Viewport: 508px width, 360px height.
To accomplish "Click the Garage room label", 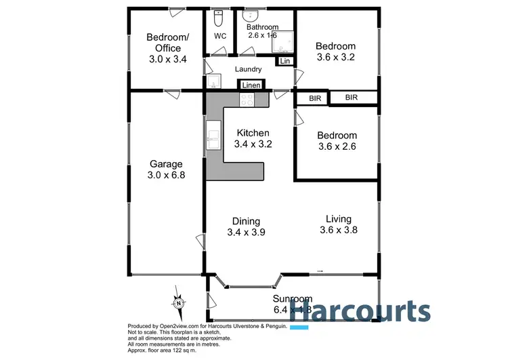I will (166, 164).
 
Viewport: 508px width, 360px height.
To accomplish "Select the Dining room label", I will (247, 221).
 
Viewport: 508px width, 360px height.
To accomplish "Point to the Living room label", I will (338, 219).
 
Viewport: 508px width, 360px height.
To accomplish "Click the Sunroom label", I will (292, 299).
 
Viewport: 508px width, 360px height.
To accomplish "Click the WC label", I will (220, 35).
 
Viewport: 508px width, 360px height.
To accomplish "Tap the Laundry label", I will (248, 69).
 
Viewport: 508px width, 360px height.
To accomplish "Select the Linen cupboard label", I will (251, 85).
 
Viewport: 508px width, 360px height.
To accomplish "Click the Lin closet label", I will (284, 62).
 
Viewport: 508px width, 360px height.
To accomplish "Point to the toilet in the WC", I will (219, 17).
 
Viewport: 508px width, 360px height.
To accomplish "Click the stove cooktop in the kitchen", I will (247, 99).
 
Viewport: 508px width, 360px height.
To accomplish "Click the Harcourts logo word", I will (360, 313).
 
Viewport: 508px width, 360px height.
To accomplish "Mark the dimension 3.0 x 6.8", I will (166, 175).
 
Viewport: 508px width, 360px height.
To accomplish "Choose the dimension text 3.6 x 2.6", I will (337, 146).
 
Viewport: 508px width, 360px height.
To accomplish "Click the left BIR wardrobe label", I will (315, 98).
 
